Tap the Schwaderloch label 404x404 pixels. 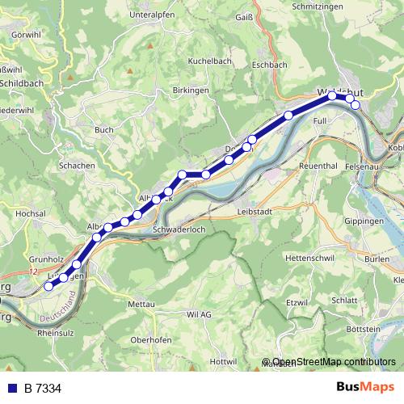(x=179, y=229)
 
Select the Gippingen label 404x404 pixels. (x=364, y=221)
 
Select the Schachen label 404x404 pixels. (x=76, y=165)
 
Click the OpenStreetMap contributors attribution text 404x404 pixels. (x=334, y=362)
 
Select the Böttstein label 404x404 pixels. (x=362, y=330)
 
